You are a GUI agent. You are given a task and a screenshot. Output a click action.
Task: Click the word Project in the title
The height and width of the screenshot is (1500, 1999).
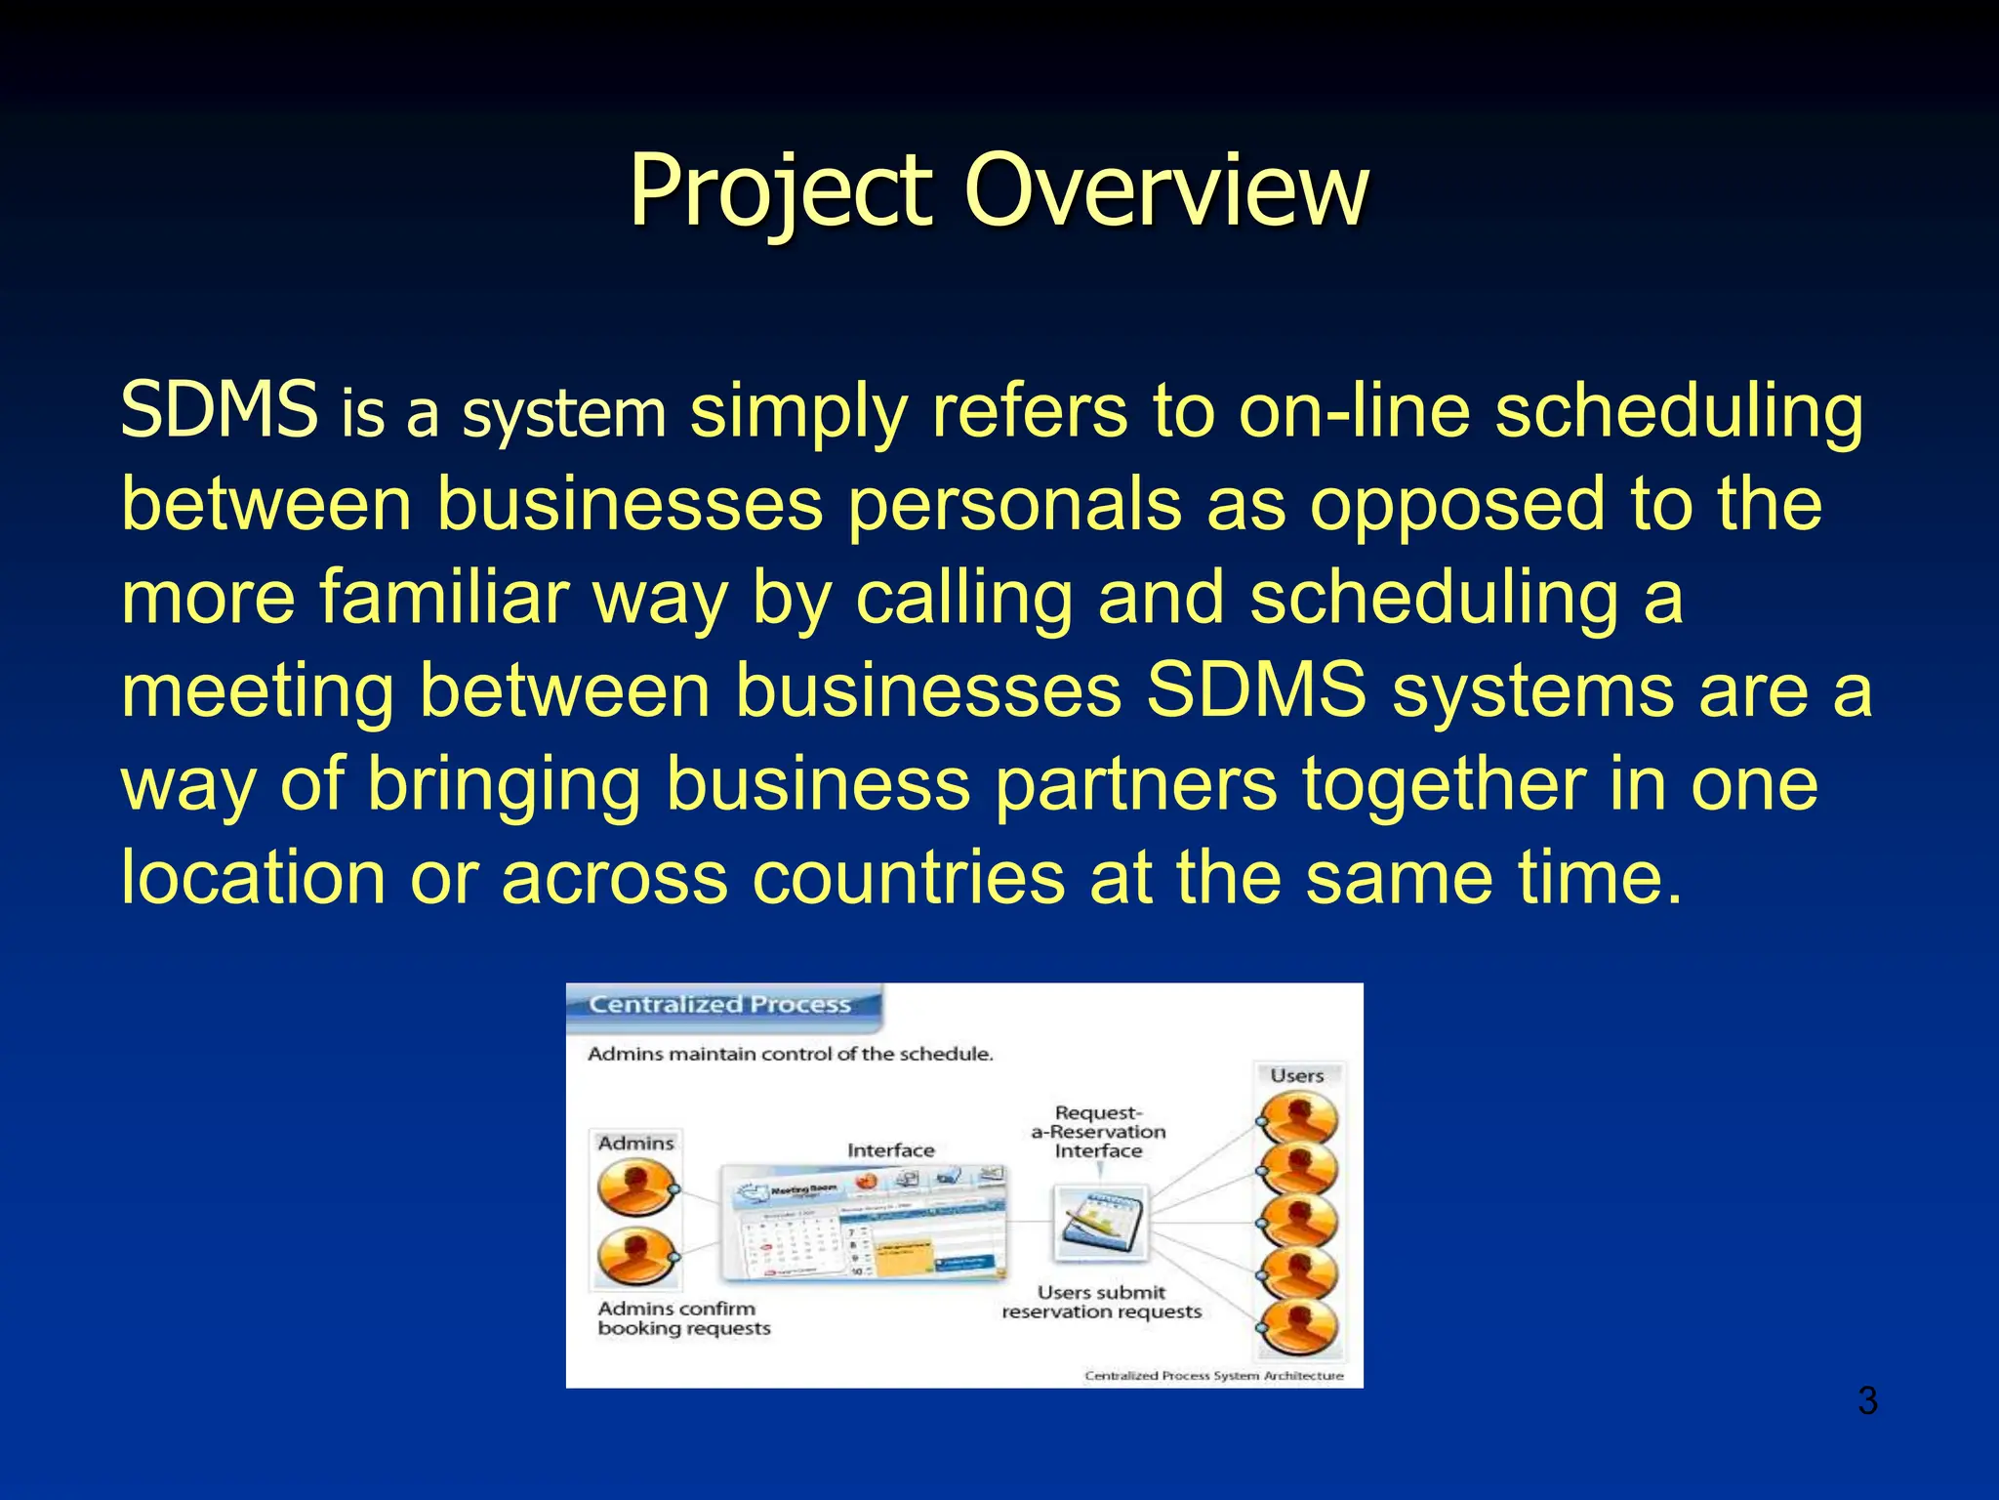(x=781, y=190)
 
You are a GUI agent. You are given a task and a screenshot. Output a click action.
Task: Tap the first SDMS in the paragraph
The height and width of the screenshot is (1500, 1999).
(x=219, y=410)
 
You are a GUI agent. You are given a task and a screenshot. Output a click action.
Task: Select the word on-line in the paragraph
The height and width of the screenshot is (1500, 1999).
(x=1353, y=410)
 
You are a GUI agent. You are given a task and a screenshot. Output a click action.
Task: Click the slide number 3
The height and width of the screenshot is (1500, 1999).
(x=1867, y=1401)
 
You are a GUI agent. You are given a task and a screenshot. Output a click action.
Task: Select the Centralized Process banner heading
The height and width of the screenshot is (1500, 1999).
(x=720, y=1005)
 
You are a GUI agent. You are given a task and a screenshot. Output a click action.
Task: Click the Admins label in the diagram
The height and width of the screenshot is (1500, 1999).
(x=635, y=1144)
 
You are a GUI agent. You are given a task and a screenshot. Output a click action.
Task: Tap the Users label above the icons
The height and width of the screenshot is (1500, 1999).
(x=1296, y=1076)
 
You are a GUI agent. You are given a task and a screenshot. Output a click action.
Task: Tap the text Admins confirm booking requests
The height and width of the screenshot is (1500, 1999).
(x=683, y=1318)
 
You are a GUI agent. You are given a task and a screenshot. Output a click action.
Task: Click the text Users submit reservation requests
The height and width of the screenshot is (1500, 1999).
(x=1101, y=1303)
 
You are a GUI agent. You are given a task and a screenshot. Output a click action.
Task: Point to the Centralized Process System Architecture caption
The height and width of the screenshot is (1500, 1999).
(x=1213, y=1376)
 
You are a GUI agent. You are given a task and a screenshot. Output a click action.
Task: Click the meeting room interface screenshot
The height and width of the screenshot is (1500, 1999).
(x=863, y=1224)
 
